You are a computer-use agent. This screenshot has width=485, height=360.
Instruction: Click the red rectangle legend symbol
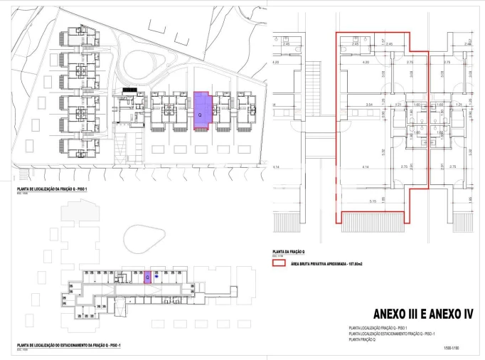point(279,263)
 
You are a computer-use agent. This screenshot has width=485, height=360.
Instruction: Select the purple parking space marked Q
point(148,277)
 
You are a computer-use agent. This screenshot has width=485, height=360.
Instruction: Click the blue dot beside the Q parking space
point(156,277)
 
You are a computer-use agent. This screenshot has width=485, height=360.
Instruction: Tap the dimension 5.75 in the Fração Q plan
point(372,201)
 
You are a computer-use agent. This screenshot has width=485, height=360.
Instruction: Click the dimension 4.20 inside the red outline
point(366,63)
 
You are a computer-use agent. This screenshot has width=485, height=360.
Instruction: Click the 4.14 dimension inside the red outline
point(366,166)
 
